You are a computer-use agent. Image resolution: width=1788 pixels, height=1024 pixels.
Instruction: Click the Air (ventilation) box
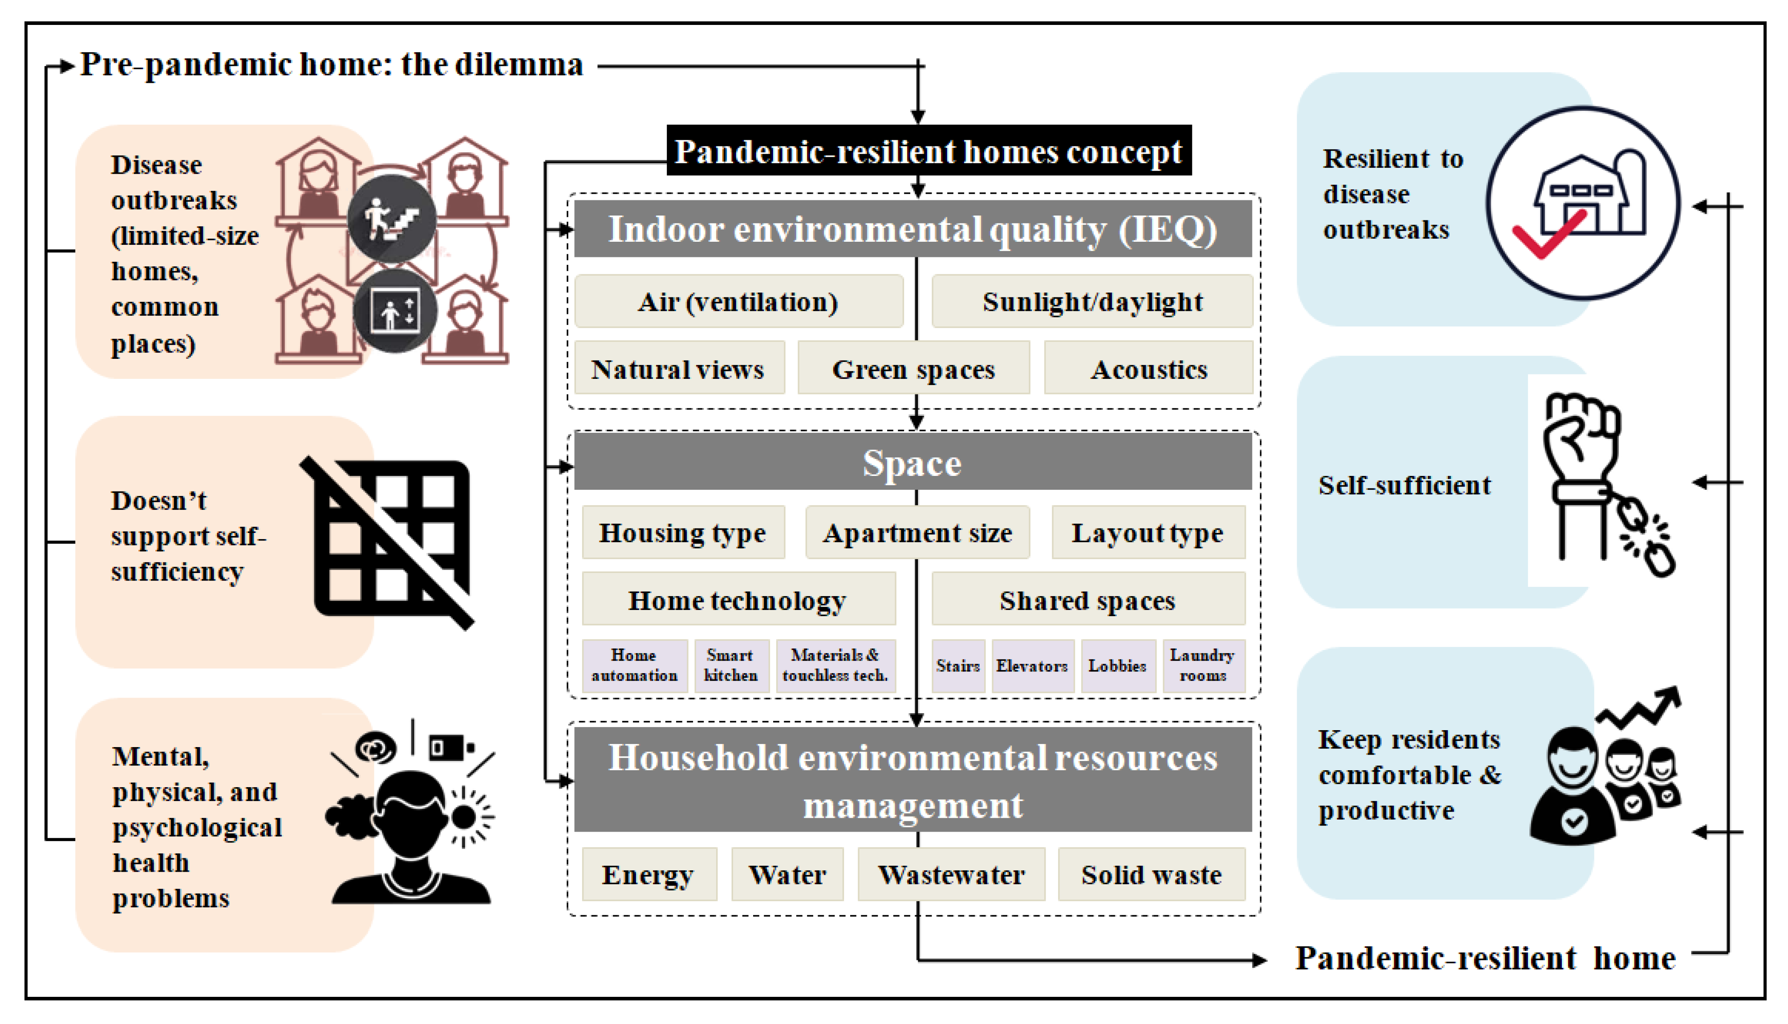(x=738, y=302)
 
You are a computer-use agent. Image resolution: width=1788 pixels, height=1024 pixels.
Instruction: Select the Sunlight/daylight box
(x=1092, y=302)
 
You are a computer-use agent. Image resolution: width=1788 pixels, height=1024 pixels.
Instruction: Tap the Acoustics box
(x=1148, y=369)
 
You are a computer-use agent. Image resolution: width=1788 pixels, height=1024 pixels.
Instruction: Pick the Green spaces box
(x=913, y=369)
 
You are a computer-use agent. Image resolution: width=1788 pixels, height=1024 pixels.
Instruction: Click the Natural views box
(x=678, y=369)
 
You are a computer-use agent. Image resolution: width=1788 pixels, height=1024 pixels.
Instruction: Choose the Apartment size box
(x=917, y=532)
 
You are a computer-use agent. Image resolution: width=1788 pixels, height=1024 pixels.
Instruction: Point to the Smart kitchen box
(x=730, y=665)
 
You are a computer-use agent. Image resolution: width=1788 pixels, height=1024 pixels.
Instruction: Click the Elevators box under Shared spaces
(x=1031, y=665)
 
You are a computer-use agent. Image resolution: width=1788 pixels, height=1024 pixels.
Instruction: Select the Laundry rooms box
(x=1202, y=665)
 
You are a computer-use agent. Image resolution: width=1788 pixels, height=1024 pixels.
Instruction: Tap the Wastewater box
(x=951, y=874)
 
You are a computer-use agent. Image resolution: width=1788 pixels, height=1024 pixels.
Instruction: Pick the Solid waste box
(x=1151, y=874)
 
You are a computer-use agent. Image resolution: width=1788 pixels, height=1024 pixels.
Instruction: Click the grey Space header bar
(x=912, y=462)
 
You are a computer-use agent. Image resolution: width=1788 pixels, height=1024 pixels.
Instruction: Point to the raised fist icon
(x=1582, y=439)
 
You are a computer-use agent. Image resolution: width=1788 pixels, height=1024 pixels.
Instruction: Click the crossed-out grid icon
(x=391, y=541)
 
